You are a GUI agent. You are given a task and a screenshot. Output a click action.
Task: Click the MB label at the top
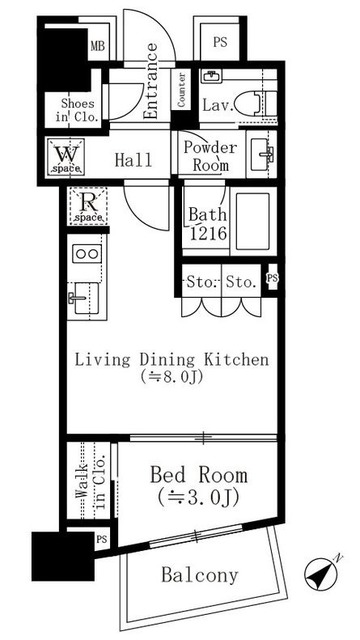click(x=98, y=46)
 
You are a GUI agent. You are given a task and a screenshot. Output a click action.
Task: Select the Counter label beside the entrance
click(x=181, y=90)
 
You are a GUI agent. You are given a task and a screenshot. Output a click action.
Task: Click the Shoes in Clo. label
click(x=78, y=110)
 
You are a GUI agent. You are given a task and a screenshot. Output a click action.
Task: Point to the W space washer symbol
click(x=66, y=157)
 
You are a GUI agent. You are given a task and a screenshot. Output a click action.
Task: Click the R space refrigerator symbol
click(x=87, y=206)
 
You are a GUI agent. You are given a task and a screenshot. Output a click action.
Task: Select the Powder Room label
click(x=210, y=156)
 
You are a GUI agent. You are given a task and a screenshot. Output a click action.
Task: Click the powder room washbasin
click(x=261, y=154)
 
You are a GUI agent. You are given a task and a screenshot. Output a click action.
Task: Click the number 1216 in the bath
click(x=207, y=233)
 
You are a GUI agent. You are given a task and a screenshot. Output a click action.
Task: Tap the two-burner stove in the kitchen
click(x=87, y=254)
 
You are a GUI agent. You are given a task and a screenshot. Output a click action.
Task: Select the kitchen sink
click(x=84, y=298)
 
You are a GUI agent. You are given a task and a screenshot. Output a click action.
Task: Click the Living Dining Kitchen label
click(x=171, y=360)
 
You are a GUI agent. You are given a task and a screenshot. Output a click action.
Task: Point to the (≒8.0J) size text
click(x=171, y=377)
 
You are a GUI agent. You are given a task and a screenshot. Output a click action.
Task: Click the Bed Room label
click(x=198, y=476)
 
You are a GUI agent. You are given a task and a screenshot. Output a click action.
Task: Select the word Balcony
click(x=199, y=576)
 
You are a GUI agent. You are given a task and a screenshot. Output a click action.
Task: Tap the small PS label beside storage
click(x=272, y=278)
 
